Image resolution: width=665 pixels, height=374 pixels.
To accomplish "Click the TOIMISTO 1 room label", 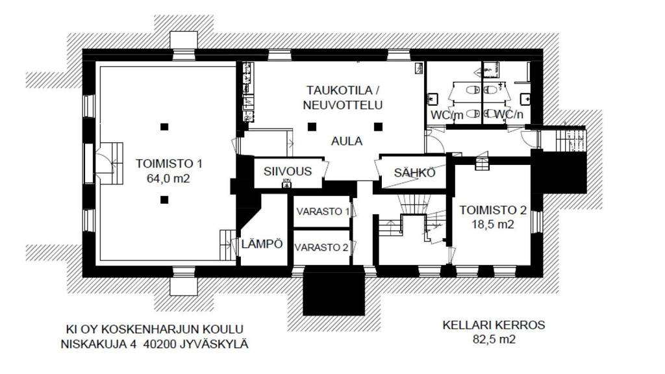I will point(169,164).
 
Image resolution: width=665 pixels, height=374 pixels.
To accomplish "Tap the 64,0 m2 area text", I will point(169,178).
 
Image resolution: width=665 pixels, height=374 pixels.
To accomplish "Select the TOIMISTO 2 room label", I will point(493,210).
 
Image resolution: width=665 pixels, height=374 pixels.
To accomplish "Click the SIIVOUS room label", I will point(287,171).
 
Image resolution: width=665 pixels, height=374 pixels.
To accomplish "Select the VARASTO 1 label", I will point(323,212).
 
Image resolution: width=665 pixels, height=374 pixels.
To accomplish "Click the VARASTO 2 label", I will point(323,247).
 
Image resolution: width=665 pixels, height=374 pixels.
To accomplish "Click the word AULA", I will point(346,141).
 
